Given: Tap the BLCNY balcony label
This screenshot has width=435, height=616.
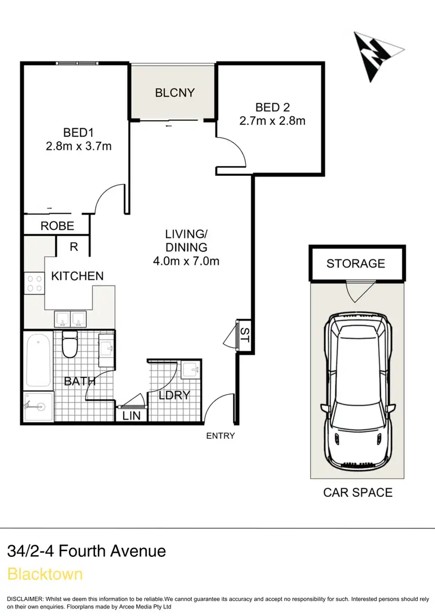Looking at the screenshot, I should point(175,92).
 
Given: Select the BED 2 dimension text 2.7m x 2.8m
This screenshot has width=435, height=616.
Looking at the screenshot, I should point(272,121).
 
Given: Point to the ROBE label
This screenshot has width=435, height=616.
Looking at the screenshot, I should point(57,226).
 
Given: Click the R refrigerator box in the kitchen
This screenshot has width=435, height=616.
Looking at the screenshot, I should point(74,246).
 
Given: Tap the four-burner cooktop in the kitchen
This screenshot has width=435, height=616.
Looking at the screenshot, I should point(34,283).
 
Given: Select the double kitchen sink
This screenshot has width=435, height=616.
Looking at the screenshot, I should point(70,319).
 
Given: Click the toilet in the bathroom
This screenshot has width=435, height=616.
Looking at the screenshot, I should point(70,344).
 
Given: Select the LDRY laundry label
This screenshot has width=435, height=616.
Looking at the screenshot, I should point(175,395).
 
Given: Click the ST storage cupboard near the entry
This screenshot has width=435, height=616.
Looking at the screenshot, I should point(244,334).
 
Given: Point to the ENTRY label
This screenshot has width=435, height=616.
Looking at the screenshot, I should point(220,435).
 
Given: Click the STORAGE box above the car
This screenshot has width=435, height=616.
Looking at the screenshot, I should point(356,264).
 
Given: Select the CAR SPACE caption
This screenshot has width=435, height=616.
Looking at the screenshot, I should point(357,492).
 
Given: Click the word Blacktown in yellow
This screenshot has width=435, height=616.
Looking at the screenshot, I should point(45,574).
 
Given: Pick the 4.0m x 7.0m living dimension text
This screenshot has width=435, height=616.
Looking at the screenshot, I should point(186,261).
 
